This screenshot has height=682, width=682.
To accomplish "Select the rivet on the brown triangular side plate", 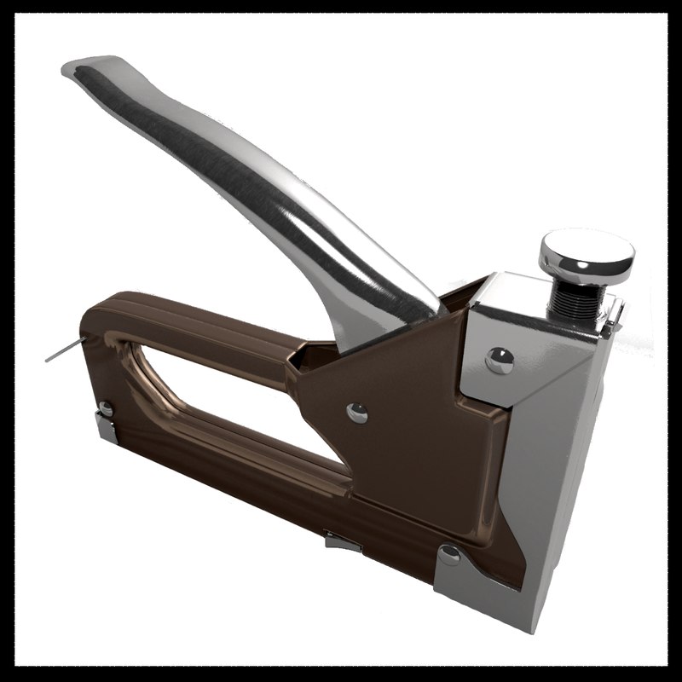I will point(357,413).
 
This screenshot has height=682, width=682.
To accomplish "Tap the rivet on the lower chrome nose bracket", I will point(448,556).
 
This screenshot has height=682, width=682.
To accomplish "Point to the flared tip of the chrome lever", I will point(90,68).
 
